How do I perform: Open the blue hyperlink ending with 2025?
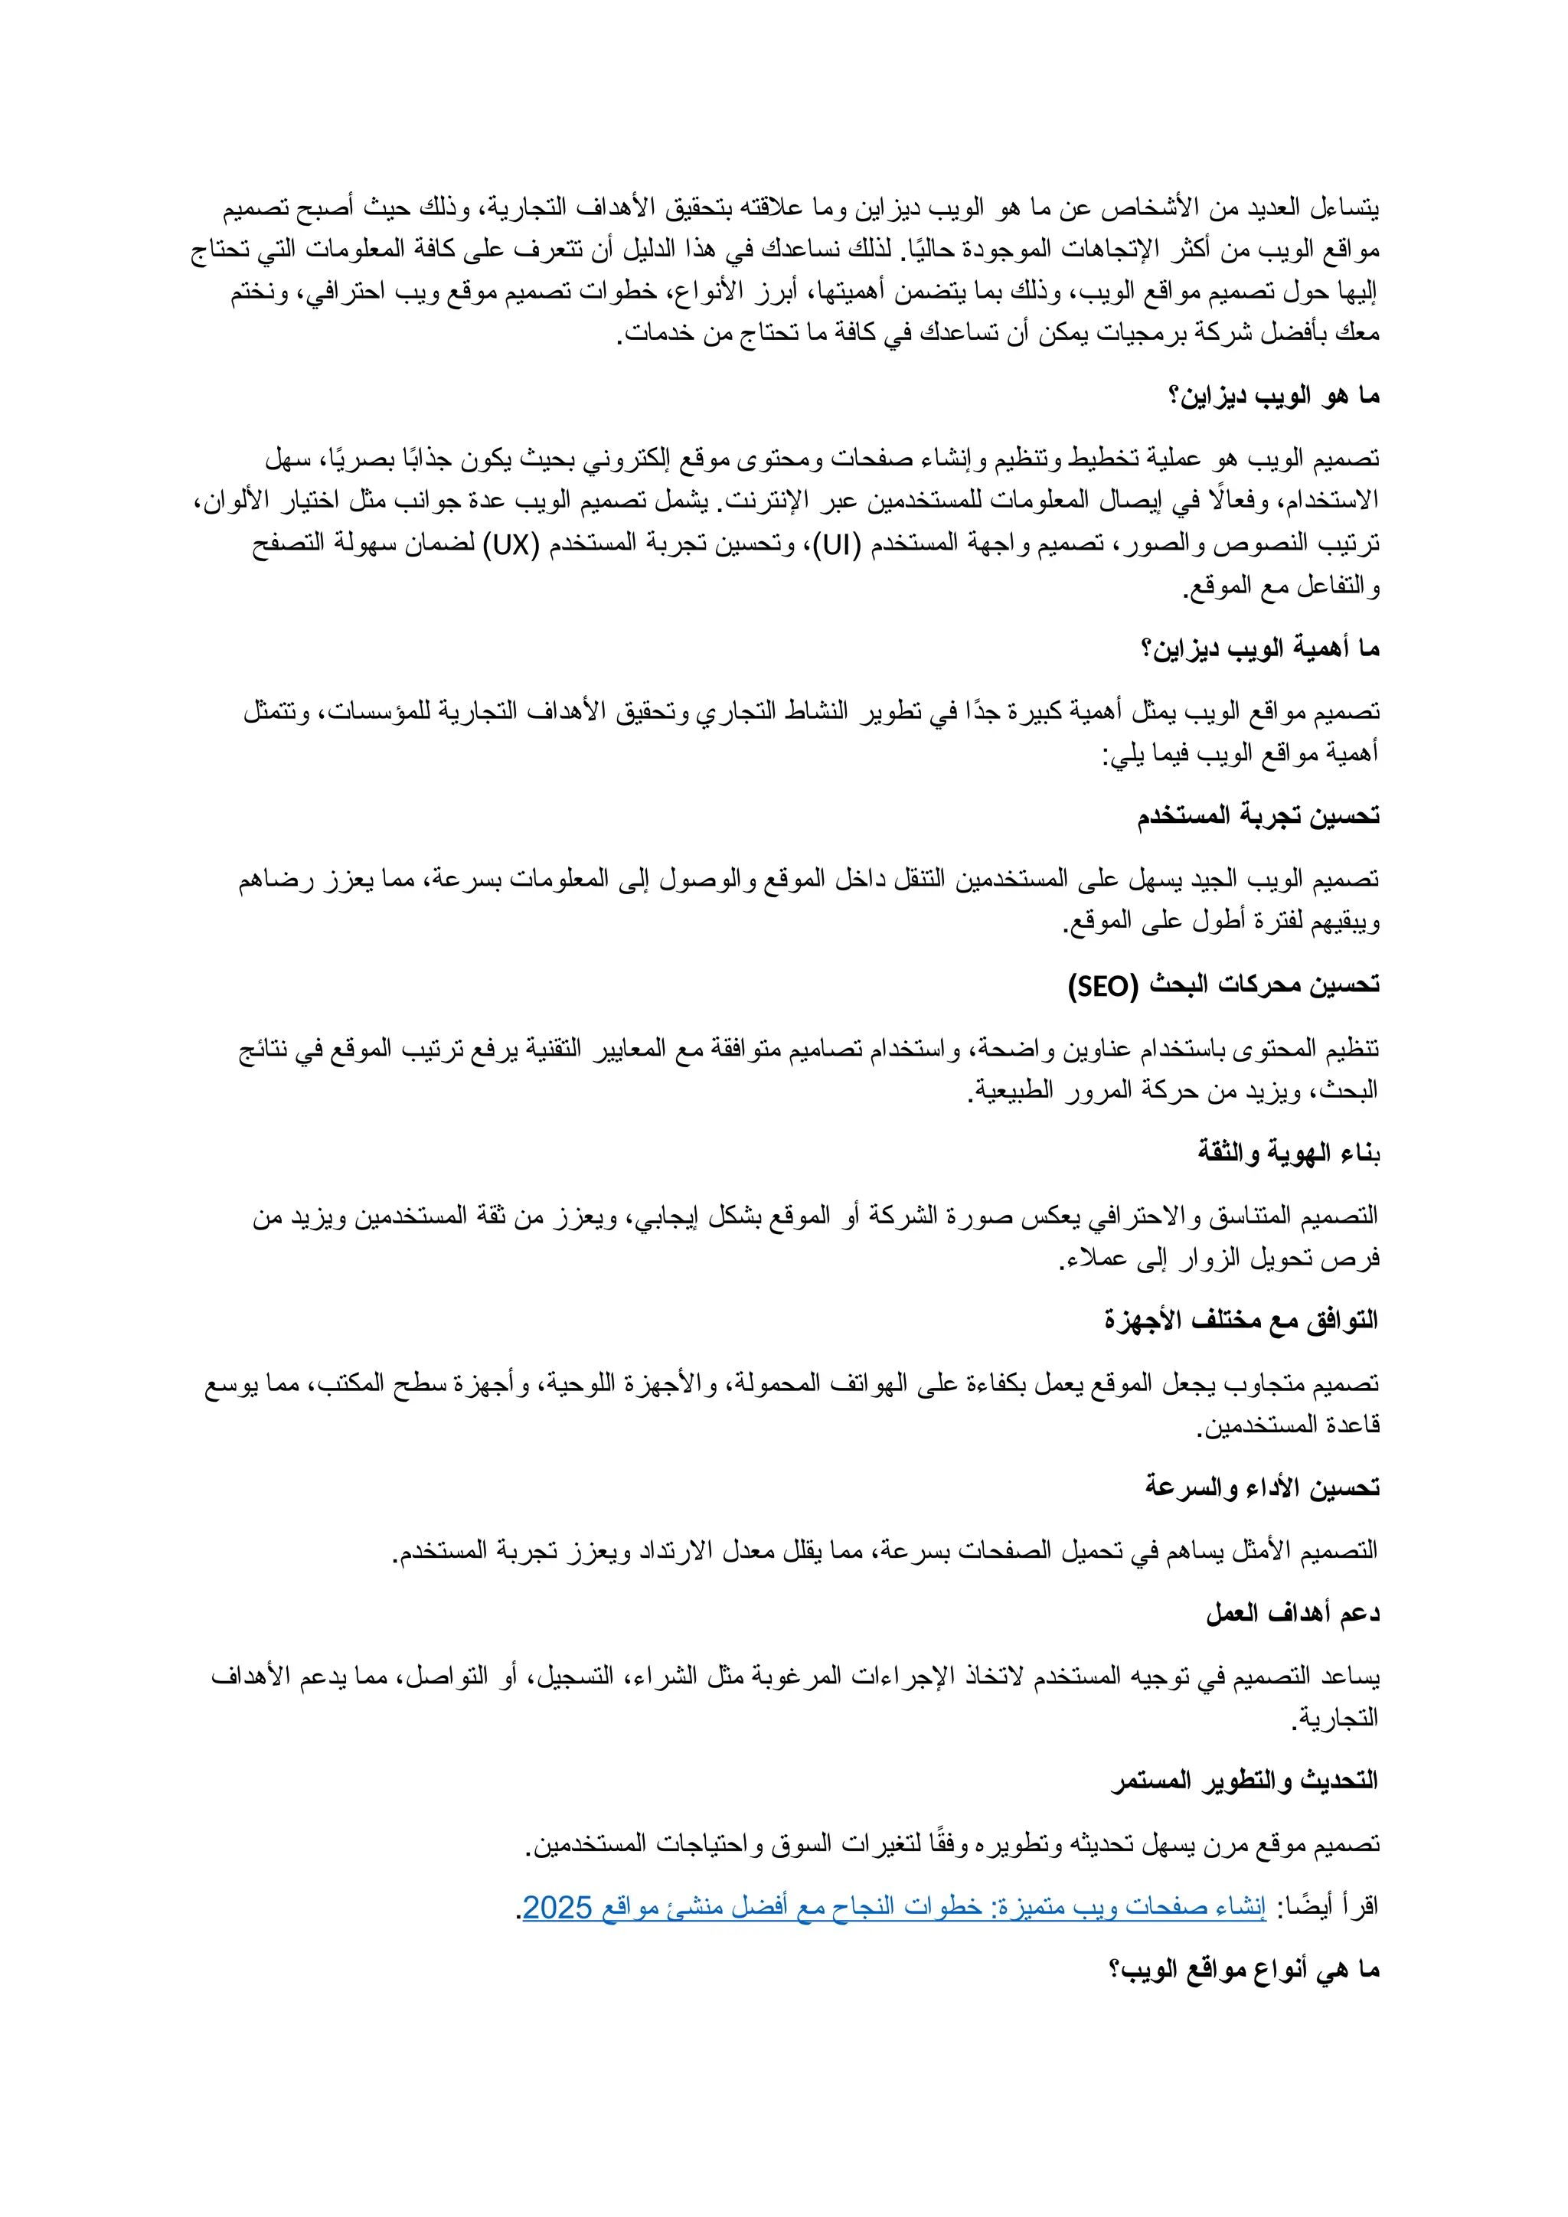[894, 1907]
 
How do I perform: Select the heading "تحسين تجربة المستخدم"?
[1258, 817]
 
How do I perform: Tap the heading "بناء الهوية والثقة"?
[1289, 1153]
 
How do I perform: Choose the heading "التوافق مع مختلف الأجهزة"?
[1242, 1320]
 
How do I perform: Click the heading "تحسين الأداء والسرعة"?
[1263, 1488]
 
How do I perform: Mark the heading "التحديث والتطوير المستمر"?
[1245, 1781]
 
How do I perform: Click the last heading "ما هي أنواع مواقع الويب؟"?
[1245, 1970]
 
